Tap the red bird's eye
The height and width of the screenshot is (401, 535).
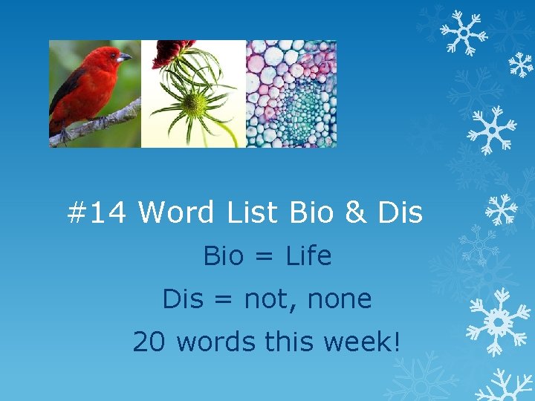tap(115, 55)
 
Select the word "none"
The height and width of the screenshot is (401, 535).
tap(343, 299)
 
